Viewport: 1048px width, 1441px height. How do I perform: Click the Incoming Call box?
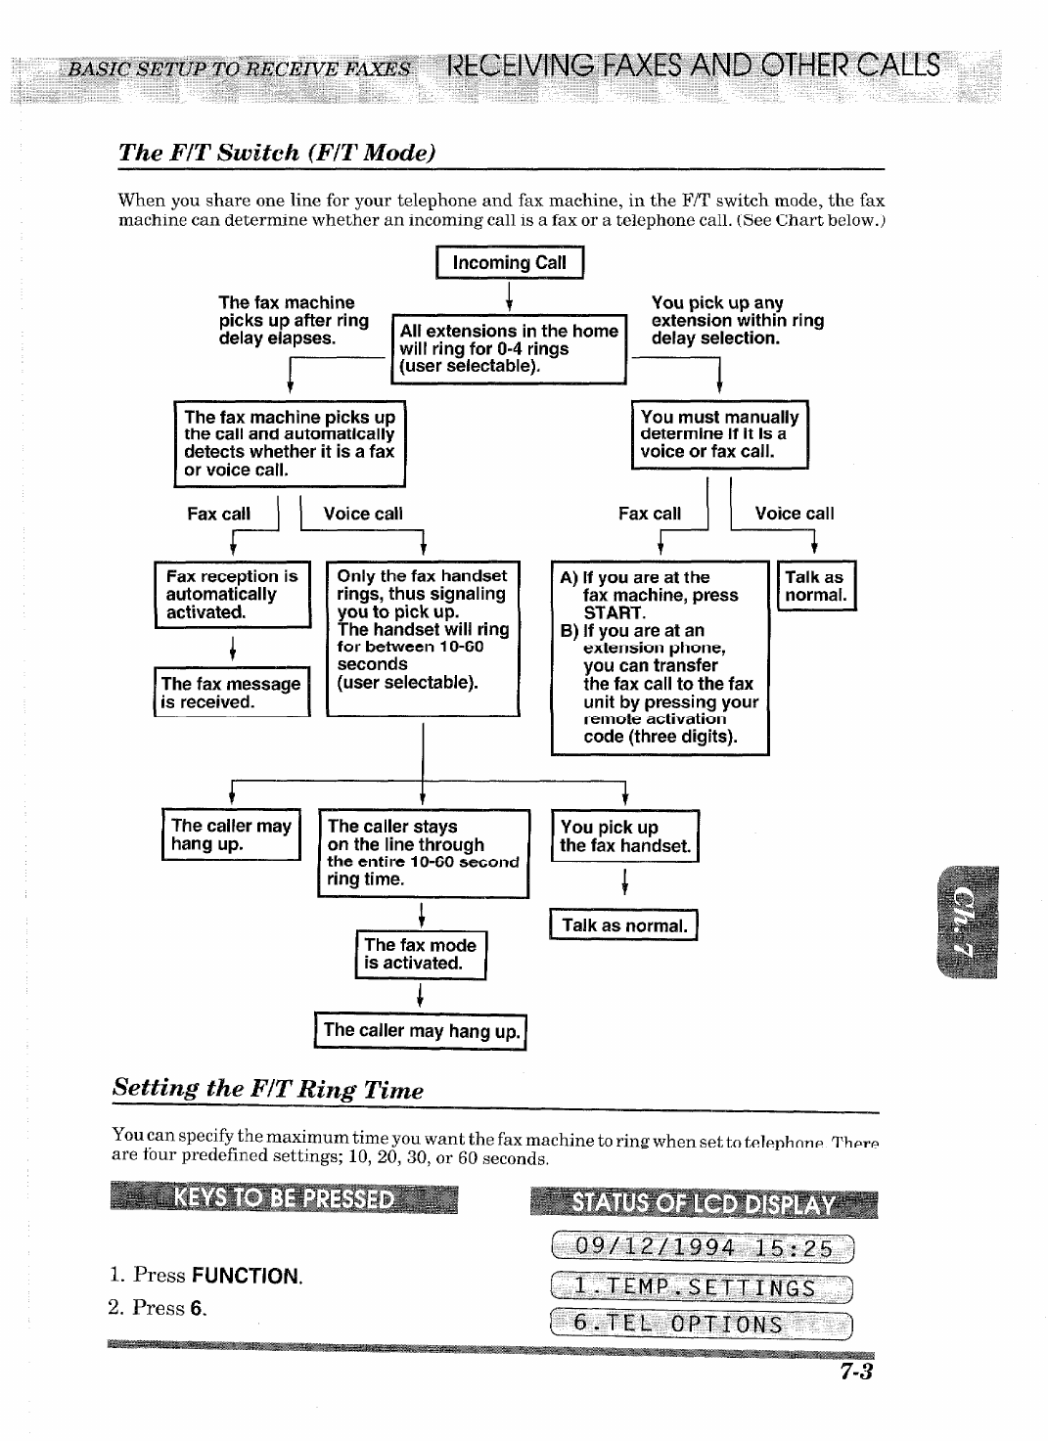point(509,263)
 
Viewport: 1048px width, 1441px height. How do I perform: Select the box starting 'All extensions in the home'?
point(508,349)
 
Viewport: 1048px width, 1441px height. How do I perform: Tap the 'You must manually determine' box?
point(719,434)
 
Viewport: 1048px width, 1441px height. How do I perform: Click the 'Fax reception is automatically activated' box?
point(233,594)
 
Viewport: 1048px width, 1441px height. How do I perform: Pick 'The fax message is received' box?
point(231,693)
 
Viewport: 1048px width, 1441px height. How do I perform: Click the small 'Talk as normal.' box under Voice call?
point(815,586)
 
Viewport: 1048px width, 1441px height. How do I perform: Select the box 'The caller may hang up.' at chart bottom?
point(421,1031)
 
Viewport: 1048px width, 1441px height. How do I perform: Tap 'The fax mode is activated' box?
point(420,954)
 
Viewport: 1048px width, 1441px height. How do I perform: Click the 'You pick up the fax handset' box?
point(624,836)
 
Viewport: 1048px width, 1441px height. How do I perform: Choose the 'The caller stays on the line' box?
point(423,852)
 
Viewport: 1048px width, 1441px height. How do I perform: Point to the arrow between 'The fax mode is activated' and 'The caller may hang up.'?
point(420,996)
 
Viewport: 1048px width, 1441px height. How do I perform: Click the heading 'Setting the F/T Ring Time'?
point(268,1089)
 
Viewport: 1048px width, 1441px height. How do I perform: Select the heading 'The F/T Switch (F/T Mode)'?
point(276,153)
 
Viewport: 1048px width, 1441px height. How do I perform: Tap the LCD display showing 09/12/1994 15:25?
point(702,1248)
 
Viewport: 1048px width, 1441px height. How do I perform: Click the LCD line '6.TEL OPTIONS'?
point(702,1325)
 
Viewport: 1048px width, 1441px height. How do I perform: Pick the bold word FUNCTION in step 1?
point(247,1276)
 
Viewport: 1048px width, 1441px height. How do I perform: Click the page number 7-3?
point(854,1372)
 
